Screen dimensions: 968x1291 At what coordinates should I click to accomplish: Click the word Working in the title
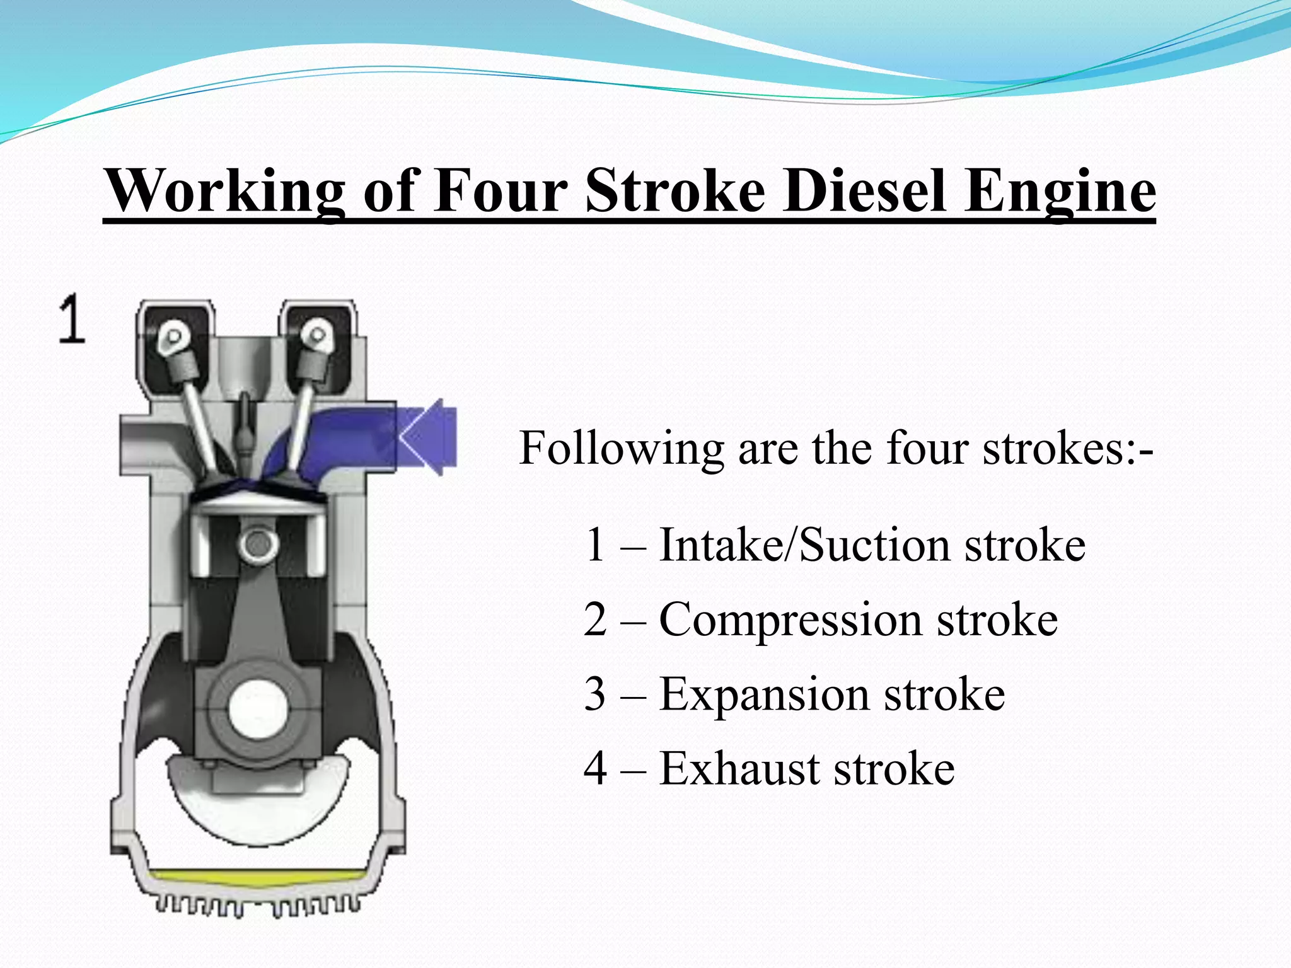(x=226, y=190)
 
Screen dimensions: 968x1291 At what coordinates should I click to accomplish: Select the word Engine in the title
(x=1061, y=190)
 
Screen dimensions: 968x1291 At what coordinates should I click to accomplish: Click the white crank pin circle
(x=258, y=710)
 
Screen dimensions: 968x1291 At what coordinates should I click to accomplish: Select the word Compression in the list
(x=790, y=620)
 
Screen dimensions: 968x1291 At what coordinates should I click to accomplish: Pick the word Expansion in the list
(x=764, y=694)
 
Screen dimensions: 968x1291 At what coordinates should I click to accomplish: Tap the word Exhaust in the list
(x=739, y=769)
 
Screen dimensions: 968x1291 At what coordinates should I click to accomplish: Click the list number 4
(x=596, y=769)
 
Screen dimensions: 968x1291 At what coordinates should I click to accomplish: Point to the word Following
(x=622, y=448)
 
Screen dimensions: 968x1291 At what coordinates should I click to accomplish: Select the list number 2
(x=596, y=620)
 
